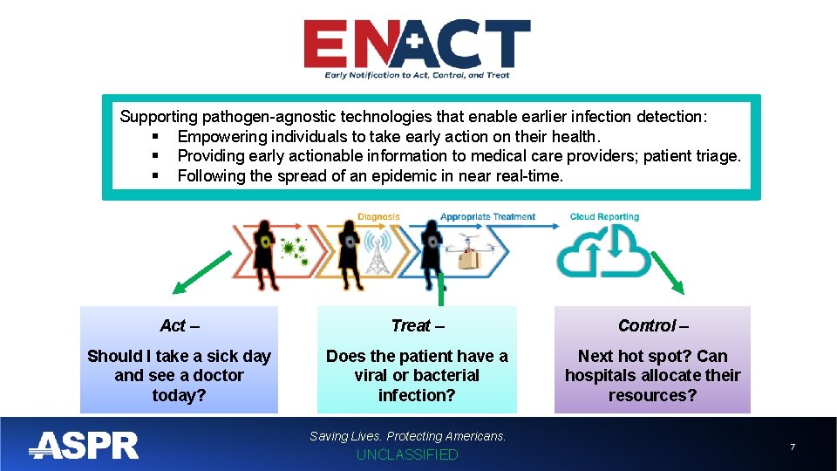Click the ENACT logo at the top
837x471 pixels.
[x=417, y=48]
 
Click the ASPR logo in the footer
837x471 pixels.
[x=84, y=445]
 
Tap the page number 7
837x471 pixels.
[x=792, y=447]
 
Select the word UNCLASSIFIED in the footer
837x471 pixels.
[x=407, y=454]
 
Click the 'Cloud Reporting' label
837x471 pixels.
[x=604, y=217]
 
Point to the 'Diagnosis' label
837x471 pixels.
[x=378, y=217]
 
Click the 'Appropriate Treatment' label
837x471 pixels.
[x=487, y=217]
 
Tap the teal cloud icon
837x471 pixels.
[x=604, y=253]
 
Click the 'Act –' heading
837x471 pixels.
[x=180, y=325]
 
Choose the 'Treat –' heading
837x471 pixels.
[x=417, y=325]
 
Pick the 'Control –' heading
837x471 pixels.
[x=652, y=325]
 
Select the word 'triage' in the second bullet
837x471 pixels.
[x=715, y=156]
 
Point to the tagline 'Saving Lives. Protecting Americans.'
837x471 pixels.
[x=407, y=435]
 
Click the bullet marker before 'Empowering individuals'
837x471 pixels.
[x=154, y=137]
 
